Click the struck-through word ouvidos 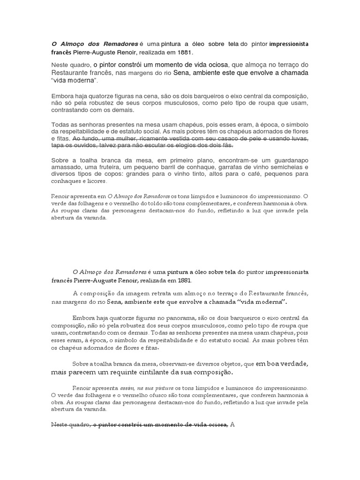73,146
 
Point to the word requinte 98,373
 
